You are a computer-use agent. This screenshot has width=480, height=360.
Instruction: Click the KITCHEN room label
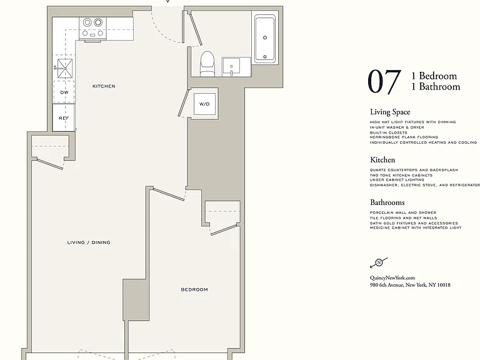pos(104,86)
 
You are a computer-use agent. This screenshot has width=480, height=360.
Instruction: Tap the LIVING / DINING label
pos(89,242)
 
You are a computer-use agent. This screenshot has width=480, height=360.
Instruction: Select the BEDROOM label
pos(194,289)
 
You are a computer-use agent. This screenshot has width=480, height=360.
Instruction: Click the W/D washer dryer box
pos(204,104)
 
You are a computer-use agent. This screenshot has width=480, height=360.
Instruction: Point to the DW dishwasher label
pos(64,92)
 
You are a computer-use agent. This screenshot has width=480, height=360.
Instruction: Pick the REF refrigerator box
pos(64,118)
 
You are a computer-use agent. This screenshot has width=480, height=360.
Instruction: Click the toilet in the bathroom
pos(207,64)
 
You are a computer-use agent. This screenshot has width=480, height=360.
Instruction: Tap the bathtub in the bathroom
pos(265,39)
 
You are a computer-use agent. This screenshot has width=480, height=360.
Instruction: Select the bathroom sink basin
pos(231,66)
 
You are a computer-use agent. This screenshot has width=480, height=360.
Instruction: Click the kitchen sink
pos(65,68)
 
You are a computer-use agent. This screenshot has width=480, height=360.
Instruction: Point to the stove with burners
pos(92,28)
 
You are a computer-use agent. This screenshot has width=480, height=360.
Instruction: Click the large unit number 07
pos(384,81)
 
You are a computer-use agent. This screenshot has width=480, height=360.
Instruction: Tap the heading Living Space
pos(390,112)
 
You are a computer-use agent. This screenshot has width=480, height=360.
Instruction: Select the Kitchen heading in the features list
pos(382,160)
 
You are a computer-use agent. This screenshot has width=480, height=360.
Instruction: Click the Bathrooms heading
pos(387,202)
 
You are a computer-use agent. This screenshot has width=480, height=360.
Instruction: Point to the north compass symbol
pos(379,262)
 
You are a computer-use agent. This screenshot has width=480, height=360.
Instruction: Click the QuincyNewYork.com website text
pos(392,278)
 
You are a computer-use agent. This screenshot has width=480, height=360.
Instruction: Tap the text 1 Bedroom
pos(434,76)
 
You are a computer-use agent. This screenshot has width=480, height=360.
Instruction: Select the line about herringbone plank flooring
pos(404,137)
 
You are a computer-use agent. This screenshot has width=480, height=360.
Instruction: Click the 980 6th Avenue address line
pos(410,285)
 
